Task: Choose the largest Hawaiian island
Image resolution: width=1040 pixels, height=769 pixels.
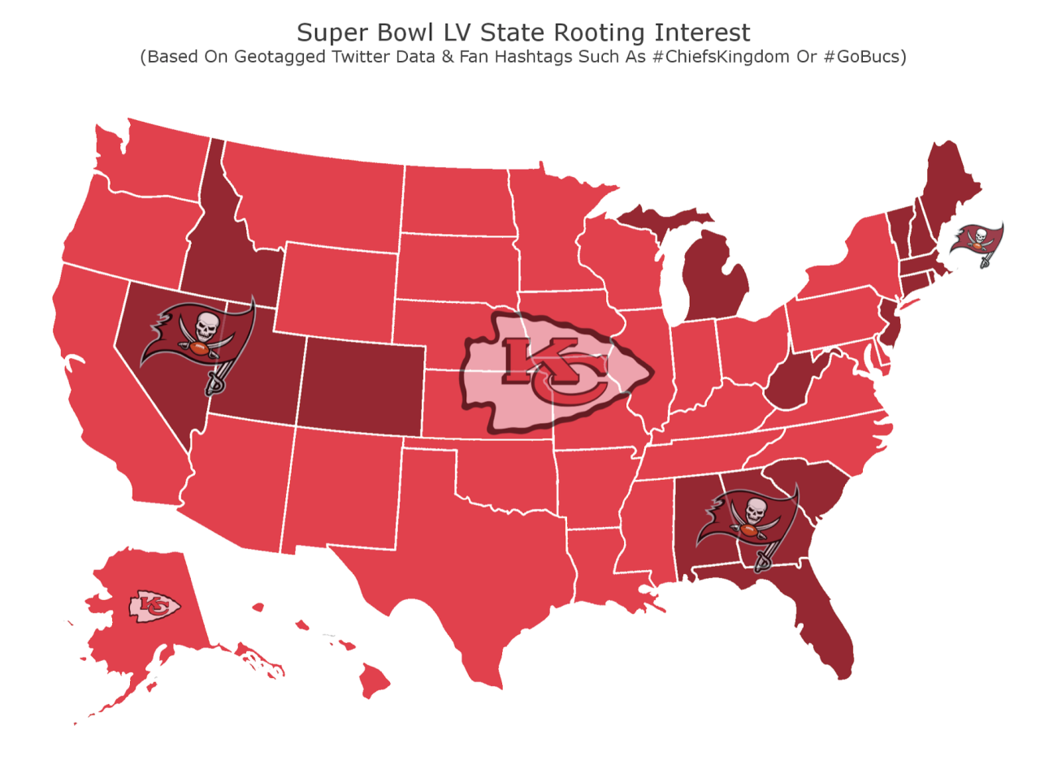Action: tap(375, 680)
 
